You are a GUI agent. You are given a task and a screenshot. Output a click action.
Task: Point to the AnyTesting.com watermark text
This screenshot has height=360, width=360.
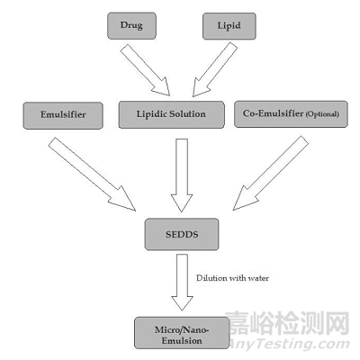289,343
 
